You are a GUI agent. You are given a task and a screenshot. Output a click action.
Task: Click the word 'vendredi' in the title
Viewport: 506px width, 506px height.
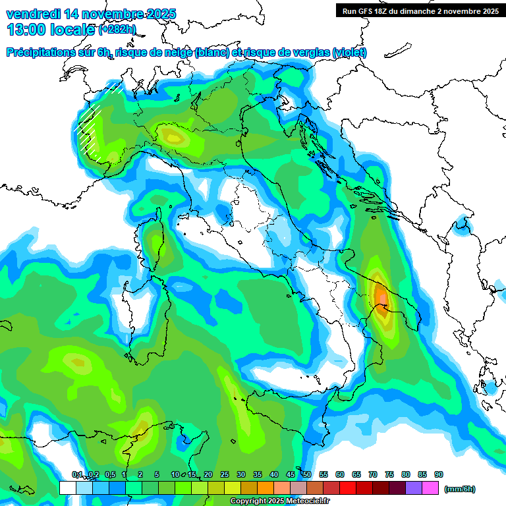[32, 14]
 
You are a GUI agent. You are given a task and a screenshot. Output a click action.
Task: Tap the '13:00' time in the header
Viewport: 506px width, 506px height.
[28, 30]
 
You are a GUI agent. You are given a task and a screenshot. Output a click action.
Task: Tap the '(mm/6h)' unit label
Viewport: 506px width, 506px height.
[460, 489]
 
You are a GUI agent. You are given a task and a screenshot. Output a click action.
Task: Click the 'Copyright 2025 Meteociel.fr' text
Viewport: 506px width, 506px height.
[279, 501]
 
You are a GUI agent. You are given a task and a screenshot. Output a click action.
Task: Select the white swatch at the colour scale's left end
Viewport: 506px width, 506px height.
[67, 488]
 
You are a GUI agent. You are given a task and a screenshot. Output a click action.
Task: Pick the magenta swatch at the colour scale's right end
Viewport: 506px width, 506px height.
[431, 488]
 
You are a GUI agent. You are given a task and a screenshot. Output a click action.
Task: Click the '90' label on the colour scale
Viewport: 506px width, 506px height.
[439, 474]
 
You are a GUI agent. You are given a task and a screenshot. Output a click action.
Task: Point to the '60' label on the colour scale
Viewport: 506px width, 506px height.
[340, 474]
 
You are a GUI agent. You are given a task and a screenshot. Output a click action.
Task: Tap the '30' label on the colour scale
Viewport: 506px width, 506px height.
[241, 474]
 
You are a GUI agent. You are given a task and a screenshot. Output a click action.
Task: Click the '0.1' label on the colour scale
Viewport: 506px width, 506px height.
[77, 474]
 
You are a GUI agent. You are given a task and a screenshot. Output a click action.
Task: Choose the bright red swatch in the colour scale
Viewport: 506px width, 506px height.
[349, 488]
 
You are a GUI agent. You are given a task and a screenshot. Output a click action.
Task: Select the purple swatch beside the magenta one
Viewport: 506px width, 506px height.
[414, 488]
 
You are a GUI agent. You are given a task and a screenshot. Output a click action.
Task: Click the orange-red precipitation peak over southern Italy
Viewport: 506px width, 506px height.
[381, 296]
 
